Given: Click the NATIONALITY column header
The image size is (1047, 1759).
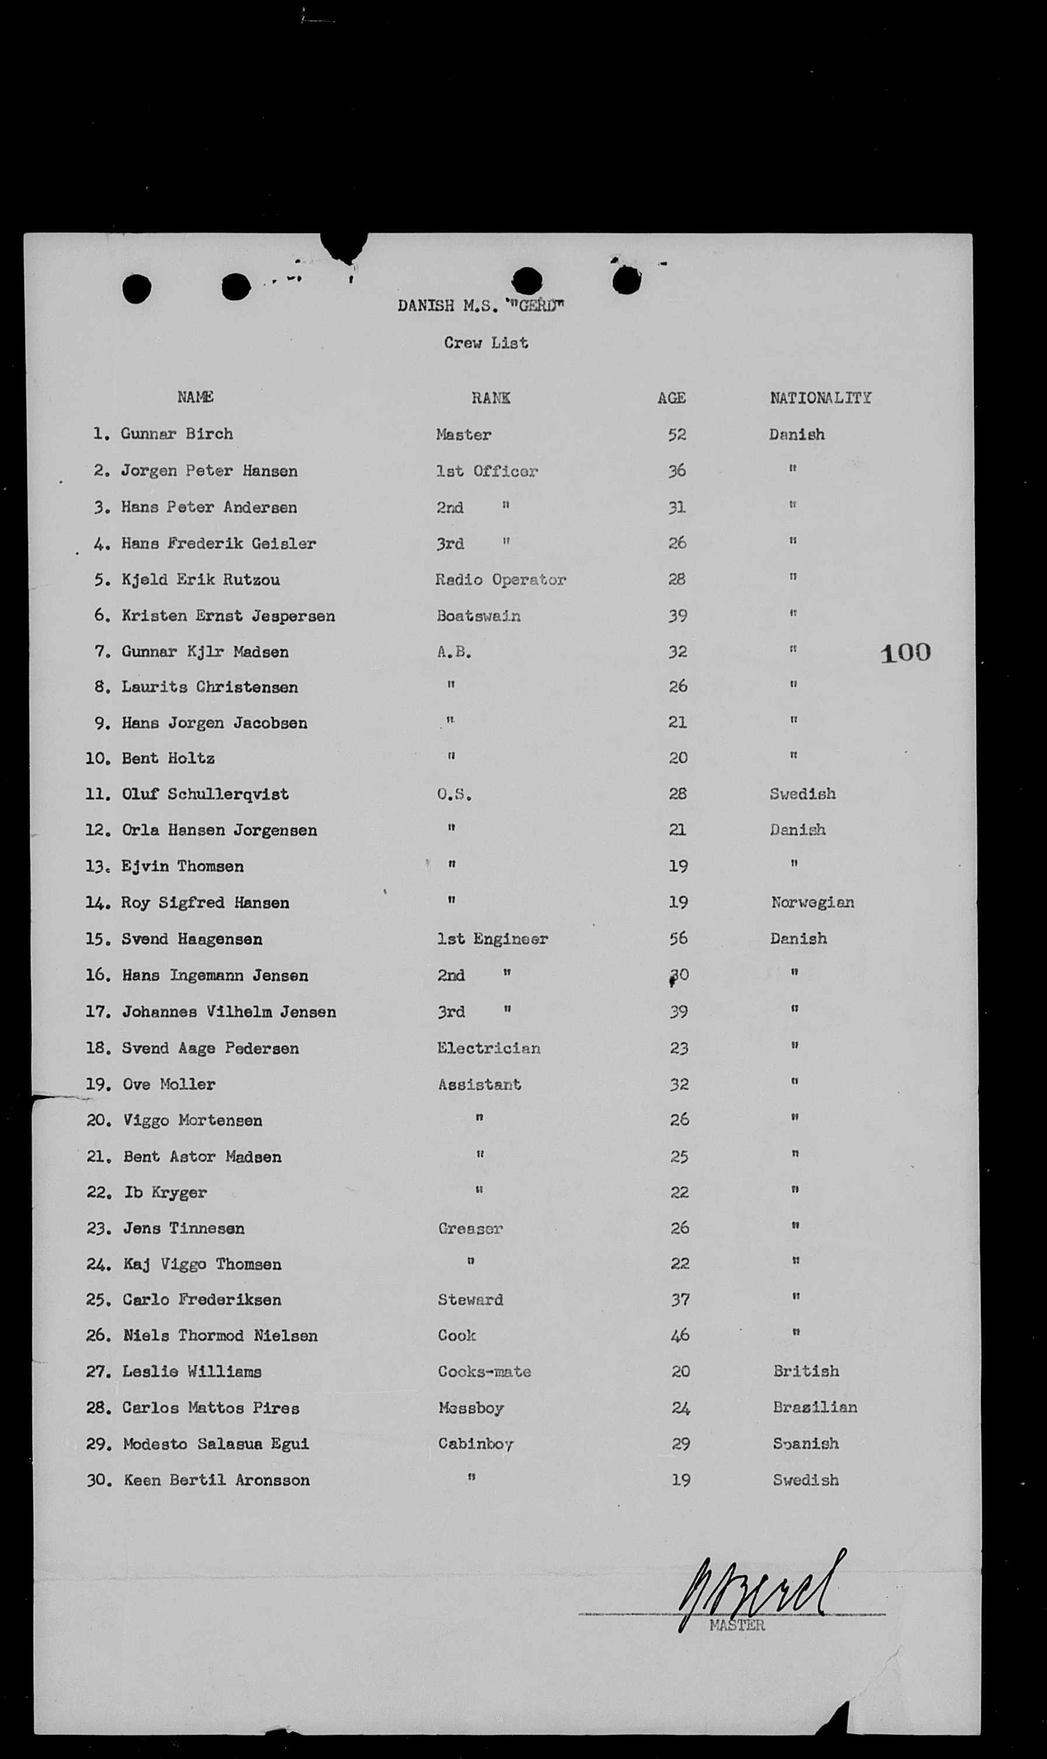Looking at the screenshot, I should [820, 398].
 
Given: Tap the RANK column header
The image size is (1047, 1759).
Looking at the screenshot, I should [491, 398].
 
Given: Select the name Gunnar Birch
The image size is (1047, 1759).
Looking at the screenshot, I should [176, 434].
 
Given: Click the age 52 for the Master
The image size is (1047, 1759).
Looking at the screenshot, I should [677, 434].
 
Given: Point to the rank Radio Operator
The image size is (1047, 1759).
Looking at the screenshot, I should [500, 580].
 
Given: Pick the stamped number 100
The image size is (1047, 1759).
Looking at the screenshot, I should [905, 652].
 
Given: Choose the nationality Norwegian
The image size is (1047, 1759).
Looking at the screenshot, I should [812, 902].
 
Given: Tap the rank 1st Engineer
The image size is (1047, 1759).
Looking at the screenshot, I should [492, 939].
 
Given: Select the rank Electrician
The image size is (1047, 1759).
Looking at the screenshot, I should [488, 1048].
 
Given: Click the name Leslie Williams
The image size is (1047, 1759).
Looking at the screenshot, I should [192, 1371].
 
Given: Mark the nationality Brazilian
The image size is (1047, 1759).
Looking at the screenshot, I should [815, 1407].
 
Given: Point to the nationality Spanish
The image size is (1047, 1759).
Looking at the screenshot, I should [806, 1443].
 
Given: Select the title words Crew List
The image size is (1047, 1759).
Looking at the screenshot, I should [485, 343].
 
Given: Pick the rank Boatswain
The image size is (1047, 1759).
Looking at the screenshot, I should [478, 616].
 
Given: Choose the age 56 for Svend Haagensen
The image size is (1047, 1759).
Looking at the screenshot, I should [679, 939].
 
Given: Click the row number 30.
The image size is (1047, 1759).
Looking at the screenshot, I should [98, 1480].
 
